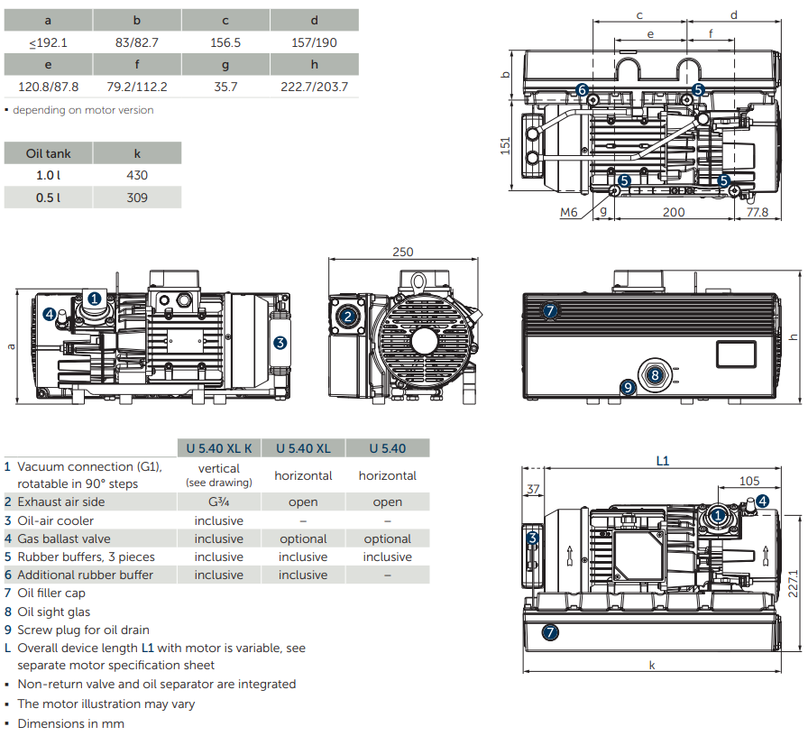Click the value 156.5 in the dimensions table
(x=225, y=42)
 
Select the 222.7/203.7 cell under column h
(x=314, y=87)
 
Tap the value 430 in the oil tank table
(x=137, y=175)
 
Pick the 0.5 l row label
(x=49, y=198)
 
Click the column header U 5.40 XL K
(x=219, y=448)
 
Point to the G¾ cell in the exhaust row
(x=219, y=501)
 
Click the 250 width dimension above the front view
(x=403, y=253)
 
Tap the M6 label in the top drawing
(x=568, y=212)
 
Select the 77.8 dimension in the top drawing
(x=757, y=212)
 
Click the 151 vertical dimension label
(x=506, y=145)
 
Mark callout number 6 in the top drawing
(x=582, y=89)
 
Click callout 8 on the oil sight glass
(x=656, y=374)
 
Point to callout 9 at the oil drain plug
(x=629, y=387)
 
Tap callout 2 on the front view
(x=348, y=316)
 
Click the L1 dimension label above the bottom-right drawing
(x=662, y=460)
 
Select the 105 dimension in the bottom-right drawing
(x=748, y=481)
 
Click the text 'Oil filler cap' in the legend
(x=54, y=593)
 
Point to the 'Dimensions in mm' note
(x=70, y=723)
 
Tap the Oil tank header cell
(x=49, y=153)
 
